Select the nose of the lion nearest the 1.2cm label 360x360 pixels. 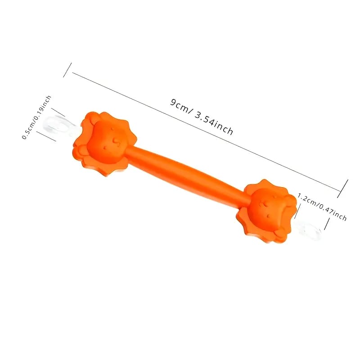(x=269, y=216)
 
